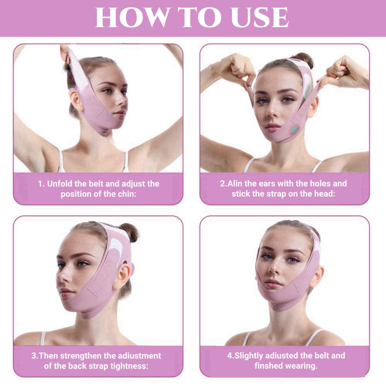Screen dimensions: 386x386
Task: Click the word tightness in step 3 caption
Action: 129,366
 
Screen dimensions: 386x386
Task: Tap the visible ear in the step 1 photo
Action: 76,100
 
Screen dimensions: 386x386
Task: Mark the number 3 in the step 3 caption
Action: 34,356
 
